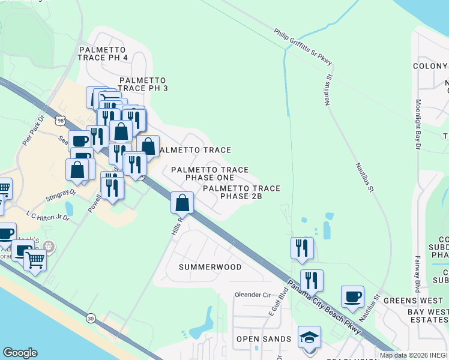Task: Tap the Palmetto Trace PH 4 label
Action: (102, 53)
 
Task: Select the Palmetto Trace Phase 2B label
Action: (241, 192)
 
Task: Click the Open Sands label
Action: (264, 339)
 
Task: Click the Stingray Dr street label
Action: (62, 194)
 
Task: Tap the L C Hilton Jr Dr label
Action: (48, 214)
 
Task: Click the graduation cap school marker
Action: (309, 337)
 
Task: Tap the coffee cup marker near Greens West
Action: (352, 296)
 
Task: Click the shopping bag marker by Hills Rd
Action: (182, 203)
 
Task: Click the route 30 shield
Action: (91, 317)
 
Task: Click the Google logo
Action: (20, 353)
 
